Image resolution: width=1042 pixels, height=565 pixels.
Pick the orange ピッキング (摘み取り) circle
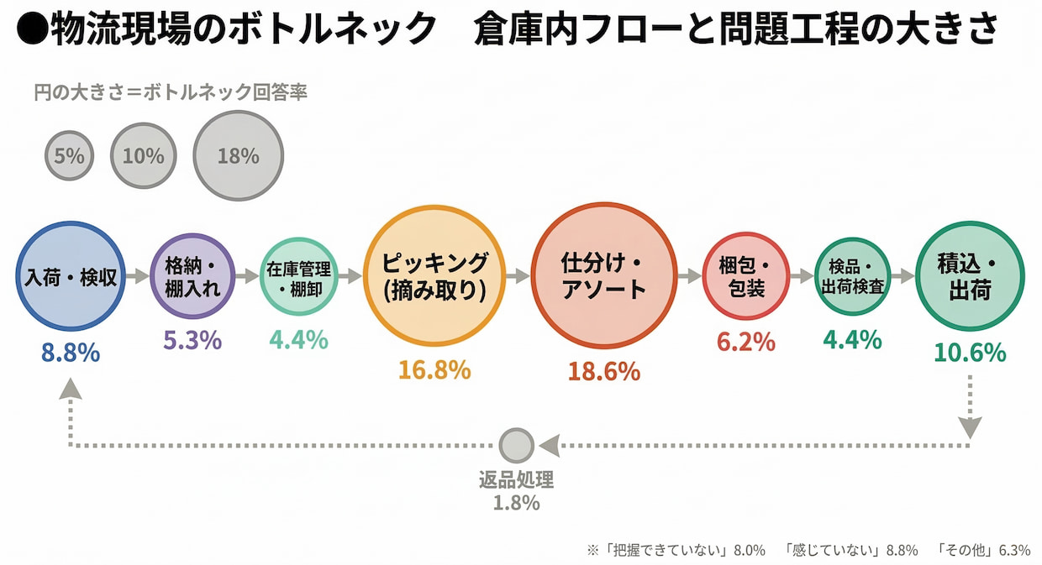[434, 276]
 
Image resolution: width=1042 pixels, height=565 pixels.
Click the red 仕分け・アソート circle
[603, 276]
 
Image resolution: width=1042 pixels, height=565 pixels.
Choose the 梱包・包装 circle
[745, 276]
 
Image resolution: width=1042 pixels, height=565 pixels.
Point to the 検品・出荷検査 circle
[852, 276]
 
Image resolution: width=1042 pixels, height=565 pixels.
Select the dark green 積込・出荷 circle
[969, 276]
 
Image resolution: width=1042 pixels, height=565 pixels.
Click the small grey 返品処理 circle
[516, 446]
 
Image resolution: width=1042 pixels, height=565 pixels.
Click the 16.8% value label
[434, 369]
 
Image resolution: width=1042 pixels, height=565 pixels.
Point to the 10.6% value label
[969, 353]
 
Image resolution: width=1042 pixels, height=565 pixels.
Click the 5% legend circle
[70, 155]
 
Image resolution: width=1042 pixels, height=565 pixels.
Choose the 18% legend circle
[238, 156]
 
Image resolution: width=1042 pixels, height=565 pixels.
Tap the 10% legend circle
[143, 156]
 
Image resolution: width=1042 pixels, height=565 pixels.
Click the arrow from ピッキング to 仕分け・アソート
[518, 276]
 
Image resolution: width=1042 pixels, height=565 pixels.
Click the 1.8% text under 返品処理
[516, 503]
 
